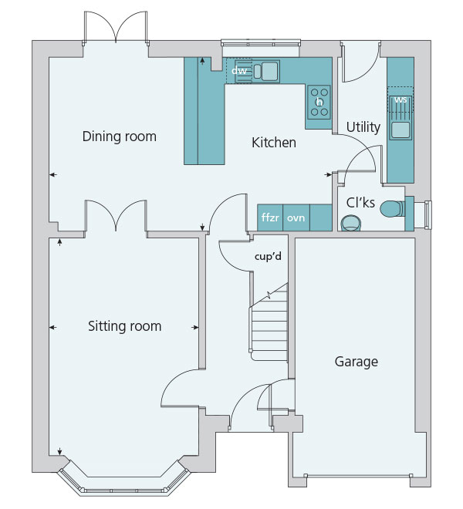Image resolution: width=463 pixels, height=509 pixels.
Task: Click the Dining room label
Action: (120, 137)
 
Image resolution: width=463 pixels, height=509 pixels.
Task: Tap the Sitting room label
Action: (125, 326)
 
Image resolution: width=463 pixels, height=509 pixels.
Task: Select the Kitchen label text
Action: (274, 143)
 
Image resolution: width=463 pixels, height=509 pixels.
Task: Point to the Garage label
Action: (357, 362)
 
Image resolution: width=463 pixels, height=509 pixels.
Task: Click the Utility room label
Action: (363, 127)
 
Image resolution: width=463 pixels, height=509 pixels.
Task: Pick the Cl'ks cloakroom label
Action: (360, 203)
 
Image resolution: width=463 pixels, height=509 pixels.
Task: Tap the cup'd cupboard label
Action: (268, 257)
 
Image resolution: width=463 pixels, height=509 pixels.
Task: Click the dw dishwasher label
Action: (239, 70)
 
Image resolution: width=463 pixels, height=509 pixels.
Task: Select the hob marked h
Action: (319, 103)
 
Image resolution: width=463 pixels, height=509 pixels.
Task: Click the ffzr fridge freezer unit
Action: (270, 217)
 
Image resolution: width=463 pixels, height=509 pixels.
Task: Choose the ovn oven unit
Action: (296, 217)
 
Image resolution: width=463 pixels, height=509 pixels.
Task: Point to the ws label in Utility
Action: (400, 100)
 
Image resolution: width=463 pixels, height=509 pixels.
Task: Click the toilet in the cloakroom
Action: (392, 209)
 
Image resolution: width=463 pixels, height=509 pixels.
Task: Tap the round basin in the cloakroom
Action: (351, 224)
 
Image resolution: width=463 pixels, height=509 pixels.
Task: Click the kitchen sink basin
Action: (269, 70)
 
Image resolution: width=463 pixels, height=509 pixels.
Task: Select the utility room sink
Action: (400, 130)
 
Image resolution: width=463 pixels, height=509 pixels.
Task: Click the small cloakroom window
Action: (428, 215)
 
